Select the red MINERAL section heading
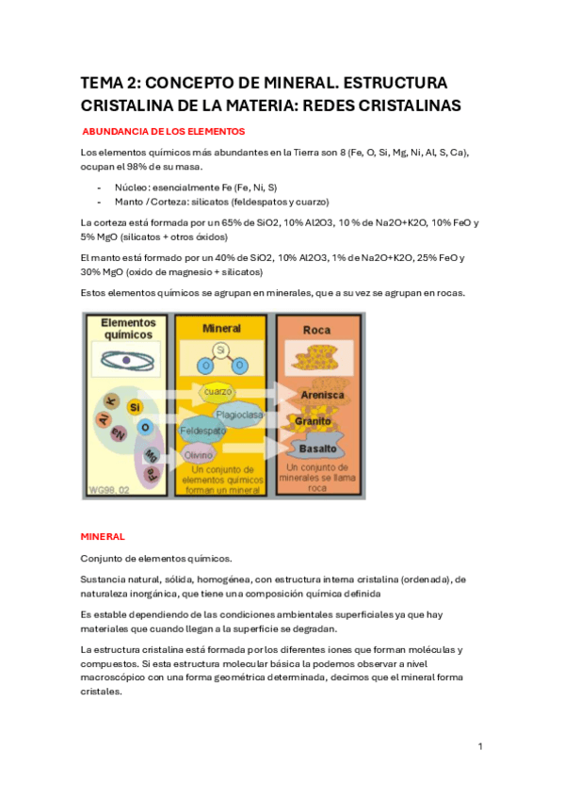click(103, 536)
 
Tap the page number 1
click(480, 746)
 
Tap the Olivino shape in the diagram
click(198, 454)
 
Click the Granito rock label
click(314, 420)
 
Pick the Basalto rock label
click(316, 448)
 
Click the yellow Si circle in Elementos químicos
click(135, 407)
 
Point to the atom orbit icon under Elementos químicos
click(127, 359)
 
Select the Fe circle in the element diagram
click(150, 471)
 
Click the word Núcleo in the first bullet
click(133, 188)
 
